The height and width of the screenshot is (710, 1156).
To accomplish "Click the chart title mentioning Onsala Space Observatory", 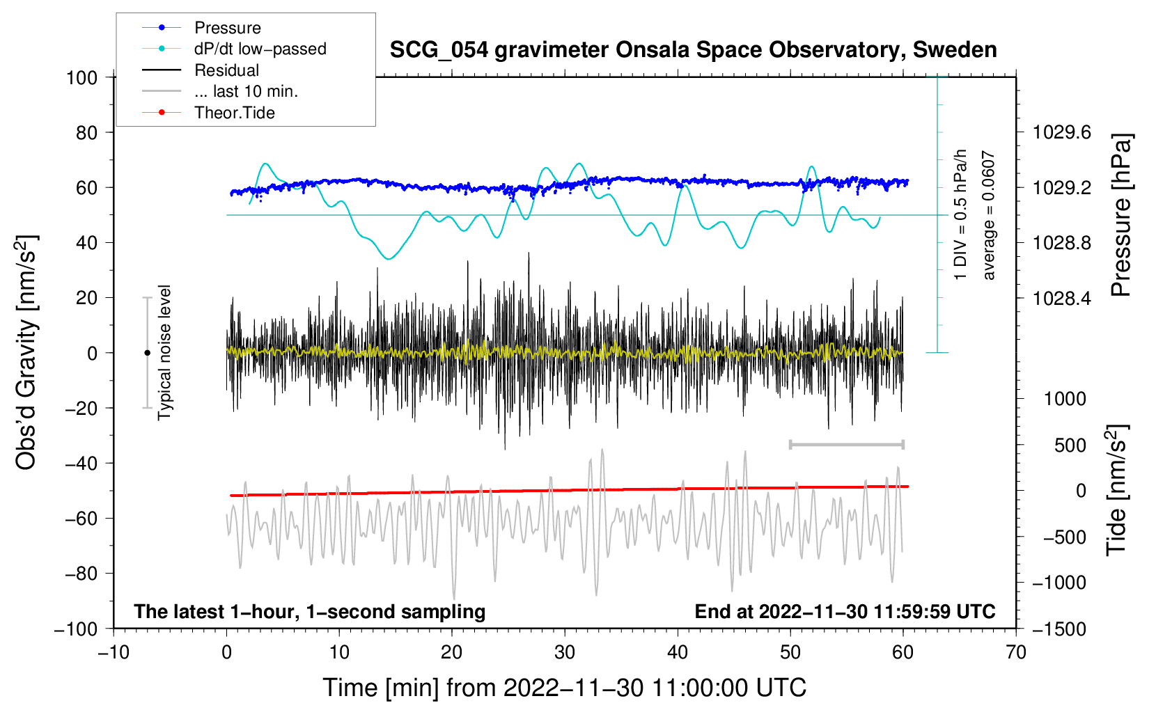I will tap(693, 50).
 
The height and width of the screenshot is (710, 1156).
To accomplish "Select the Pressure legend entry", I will tap(227, 28).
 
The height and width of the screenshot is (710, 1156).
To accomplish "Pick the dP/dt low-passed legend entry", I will tap(260, 49).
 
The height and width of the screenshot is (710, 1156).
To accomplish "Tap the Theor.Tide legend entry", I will tap(235, 113).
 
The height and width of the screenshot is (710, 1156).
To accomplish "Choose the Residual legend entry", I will tap(226, 70).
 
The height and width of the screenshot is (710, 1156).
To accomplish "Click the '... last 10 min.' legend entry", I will tap(246, 92).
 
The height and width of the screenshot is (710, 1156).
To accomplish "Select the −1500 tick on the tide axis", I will tap(1059, 629).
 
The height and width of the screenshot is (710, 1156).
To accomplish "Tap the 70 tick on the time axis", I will tap(1016, 652).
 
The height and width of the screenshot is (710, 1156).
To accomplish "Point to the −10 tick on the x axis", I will tap(114, 652).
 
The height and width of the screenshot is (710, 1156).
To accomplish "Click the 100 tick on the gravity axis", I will tap(81, 77).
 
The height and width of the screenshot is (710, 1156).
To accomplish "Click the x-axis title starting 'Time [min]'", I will tap(565, 688).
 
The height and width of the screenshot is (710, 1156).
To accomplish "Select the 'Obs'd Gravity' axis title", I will tap(26, 352).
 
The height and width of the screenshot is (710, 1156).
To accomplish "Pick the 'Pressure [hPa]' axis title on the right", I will tap(1120, 215).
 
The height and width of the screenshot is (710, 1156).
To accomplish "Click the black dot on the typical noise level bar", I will tap(147, 353).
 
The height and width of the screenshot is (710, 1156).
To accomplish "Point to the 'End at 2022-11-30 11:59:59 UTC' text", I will tap(845, 611).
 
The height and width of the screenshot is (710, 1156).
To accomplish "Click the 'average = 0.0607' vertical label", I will tap(989, 216).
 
